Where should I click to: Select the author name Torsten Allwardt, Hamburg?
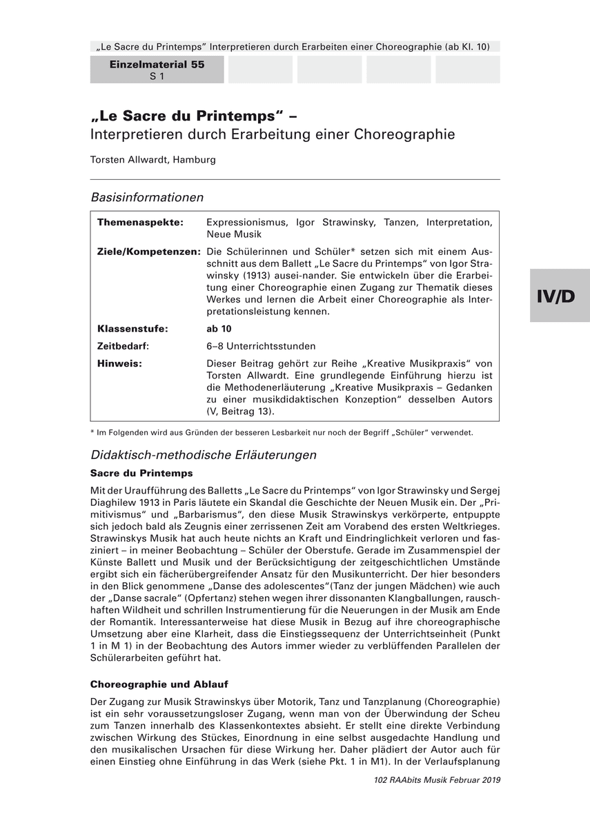coord(153,159)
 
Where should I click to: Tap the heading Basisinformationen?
coord(147,197)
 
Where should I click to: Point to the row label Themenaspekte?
coord(140,223)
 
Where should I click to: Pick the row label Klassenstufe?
coord(133,329)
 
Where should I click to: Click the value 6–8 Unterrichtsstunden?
coord(261,346)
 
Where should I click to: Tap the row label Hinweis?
coord(119,363)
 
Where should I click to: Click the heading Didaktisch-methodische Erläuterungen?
coord(204,455)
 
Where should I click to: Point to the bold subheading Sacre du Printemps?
coord(141,473)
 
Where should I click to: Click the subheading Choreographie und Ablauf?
coord(159,684)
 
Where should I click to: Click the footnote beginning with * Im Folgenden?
coord(282,433)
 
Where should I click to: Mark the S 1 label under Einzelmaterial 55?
coord(157,76)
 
